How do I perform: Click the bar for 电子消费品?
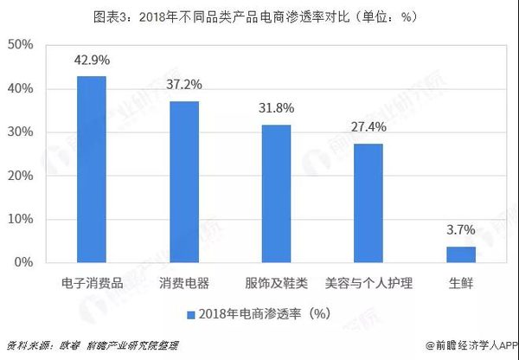pyautogui.click(x=92, y=169)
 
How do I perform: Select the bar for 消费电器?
pyautogui.click(x=184, y=181)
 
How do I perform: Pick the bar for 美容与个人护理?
pyautogui.click(x=368, y=202)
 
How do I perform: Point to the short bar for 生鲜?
pyautogui.click(x=460, y=254)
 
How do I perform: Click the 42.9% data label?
pyautogui.click(x=92, y=61)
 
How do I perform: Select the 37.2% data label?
pyautogui.click(x=184, y=86)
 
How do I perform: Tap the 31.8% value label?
pyautogui.click(x=276, y=109)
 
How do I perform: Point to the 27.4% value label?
pyautogui.click(x=368, y=128)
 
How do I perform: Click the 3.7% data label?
pyautogui.click(x=460, y=231)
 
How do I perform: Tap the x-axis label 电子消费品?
pyautogui.click(x=92, y=282)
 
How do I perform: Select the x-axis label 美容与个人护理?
pyautogui.click(x=368, y=282)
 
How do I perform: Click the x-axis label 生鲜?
pyautogui.click(x=460, y=282)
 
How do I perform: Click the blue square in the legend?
pyautogui.click(x=189, y=312)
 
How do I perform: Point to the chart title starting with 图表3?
pyautogui.click(x=259, y=15)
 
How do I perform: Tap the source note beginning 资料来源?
pyautogui.click(x=92, y=344)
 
